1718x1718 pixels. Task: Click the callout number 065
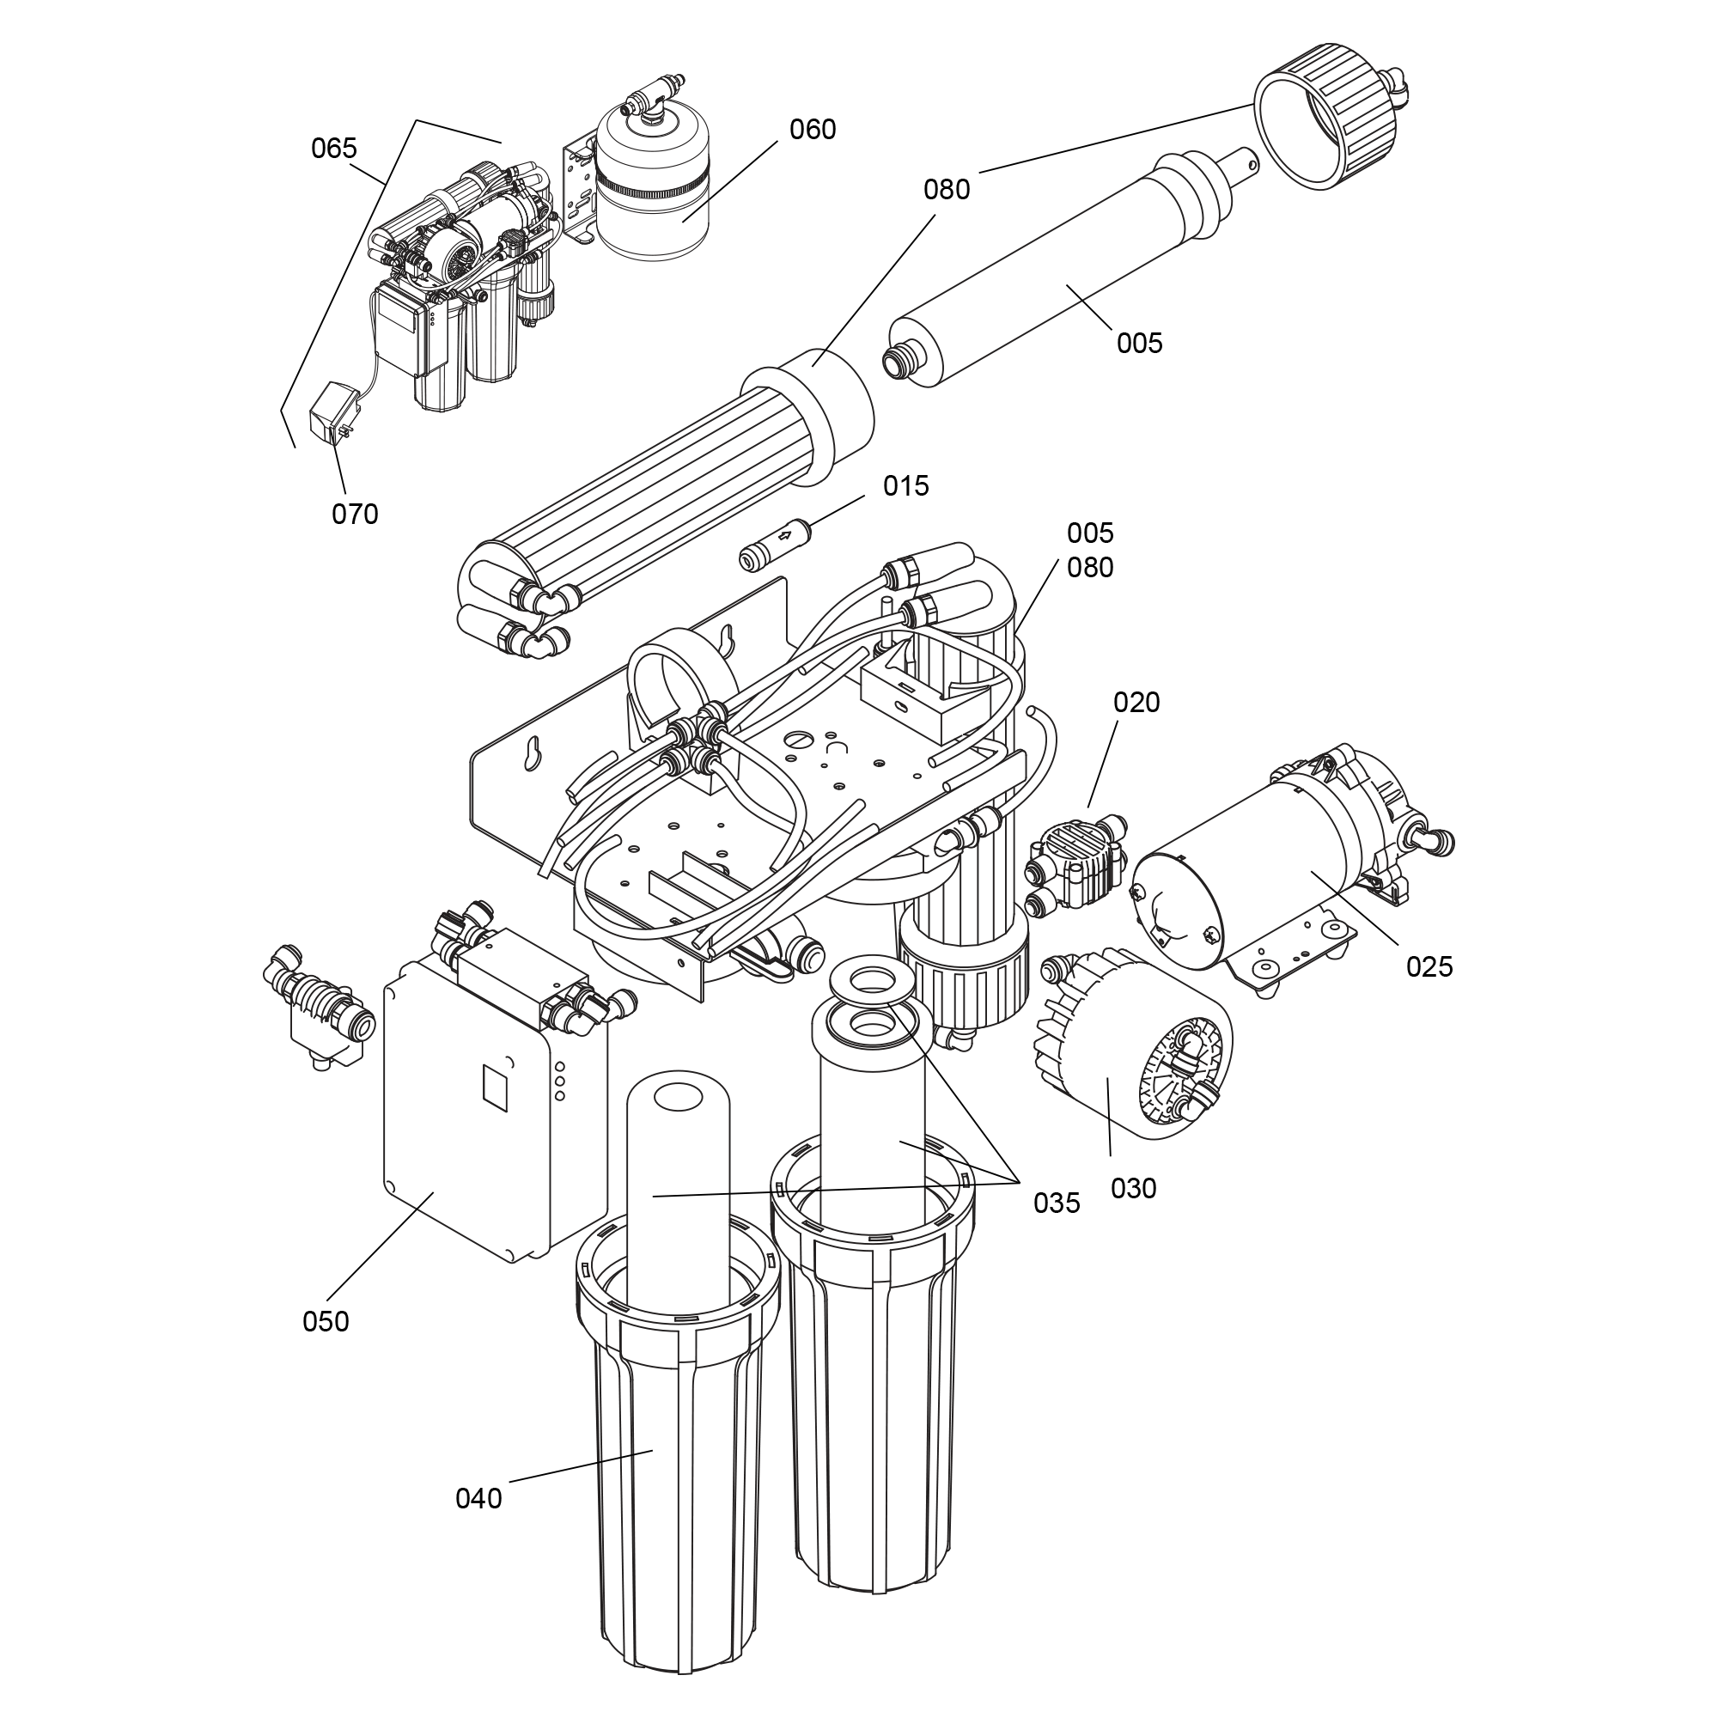(333, 149)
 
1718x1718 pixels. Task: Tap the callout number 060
(813, 130)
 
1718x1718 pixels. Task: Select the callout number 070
(355, 514)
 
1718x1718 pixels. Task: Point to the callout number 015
(905, 485)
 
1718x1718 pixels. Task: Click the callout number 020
(1136, 703)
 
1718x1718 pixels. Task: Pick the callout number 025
(1429, 966)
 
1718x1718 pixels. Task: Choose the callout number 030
(1134, 1188)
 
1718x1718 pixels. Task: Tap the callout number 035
(1057, 1203)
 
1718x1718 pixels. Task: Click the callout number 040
(478, 1498)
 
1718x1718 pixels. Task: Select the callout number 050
(326, 1321)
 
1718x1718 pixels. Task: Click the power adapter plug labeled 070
(330, 411)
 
